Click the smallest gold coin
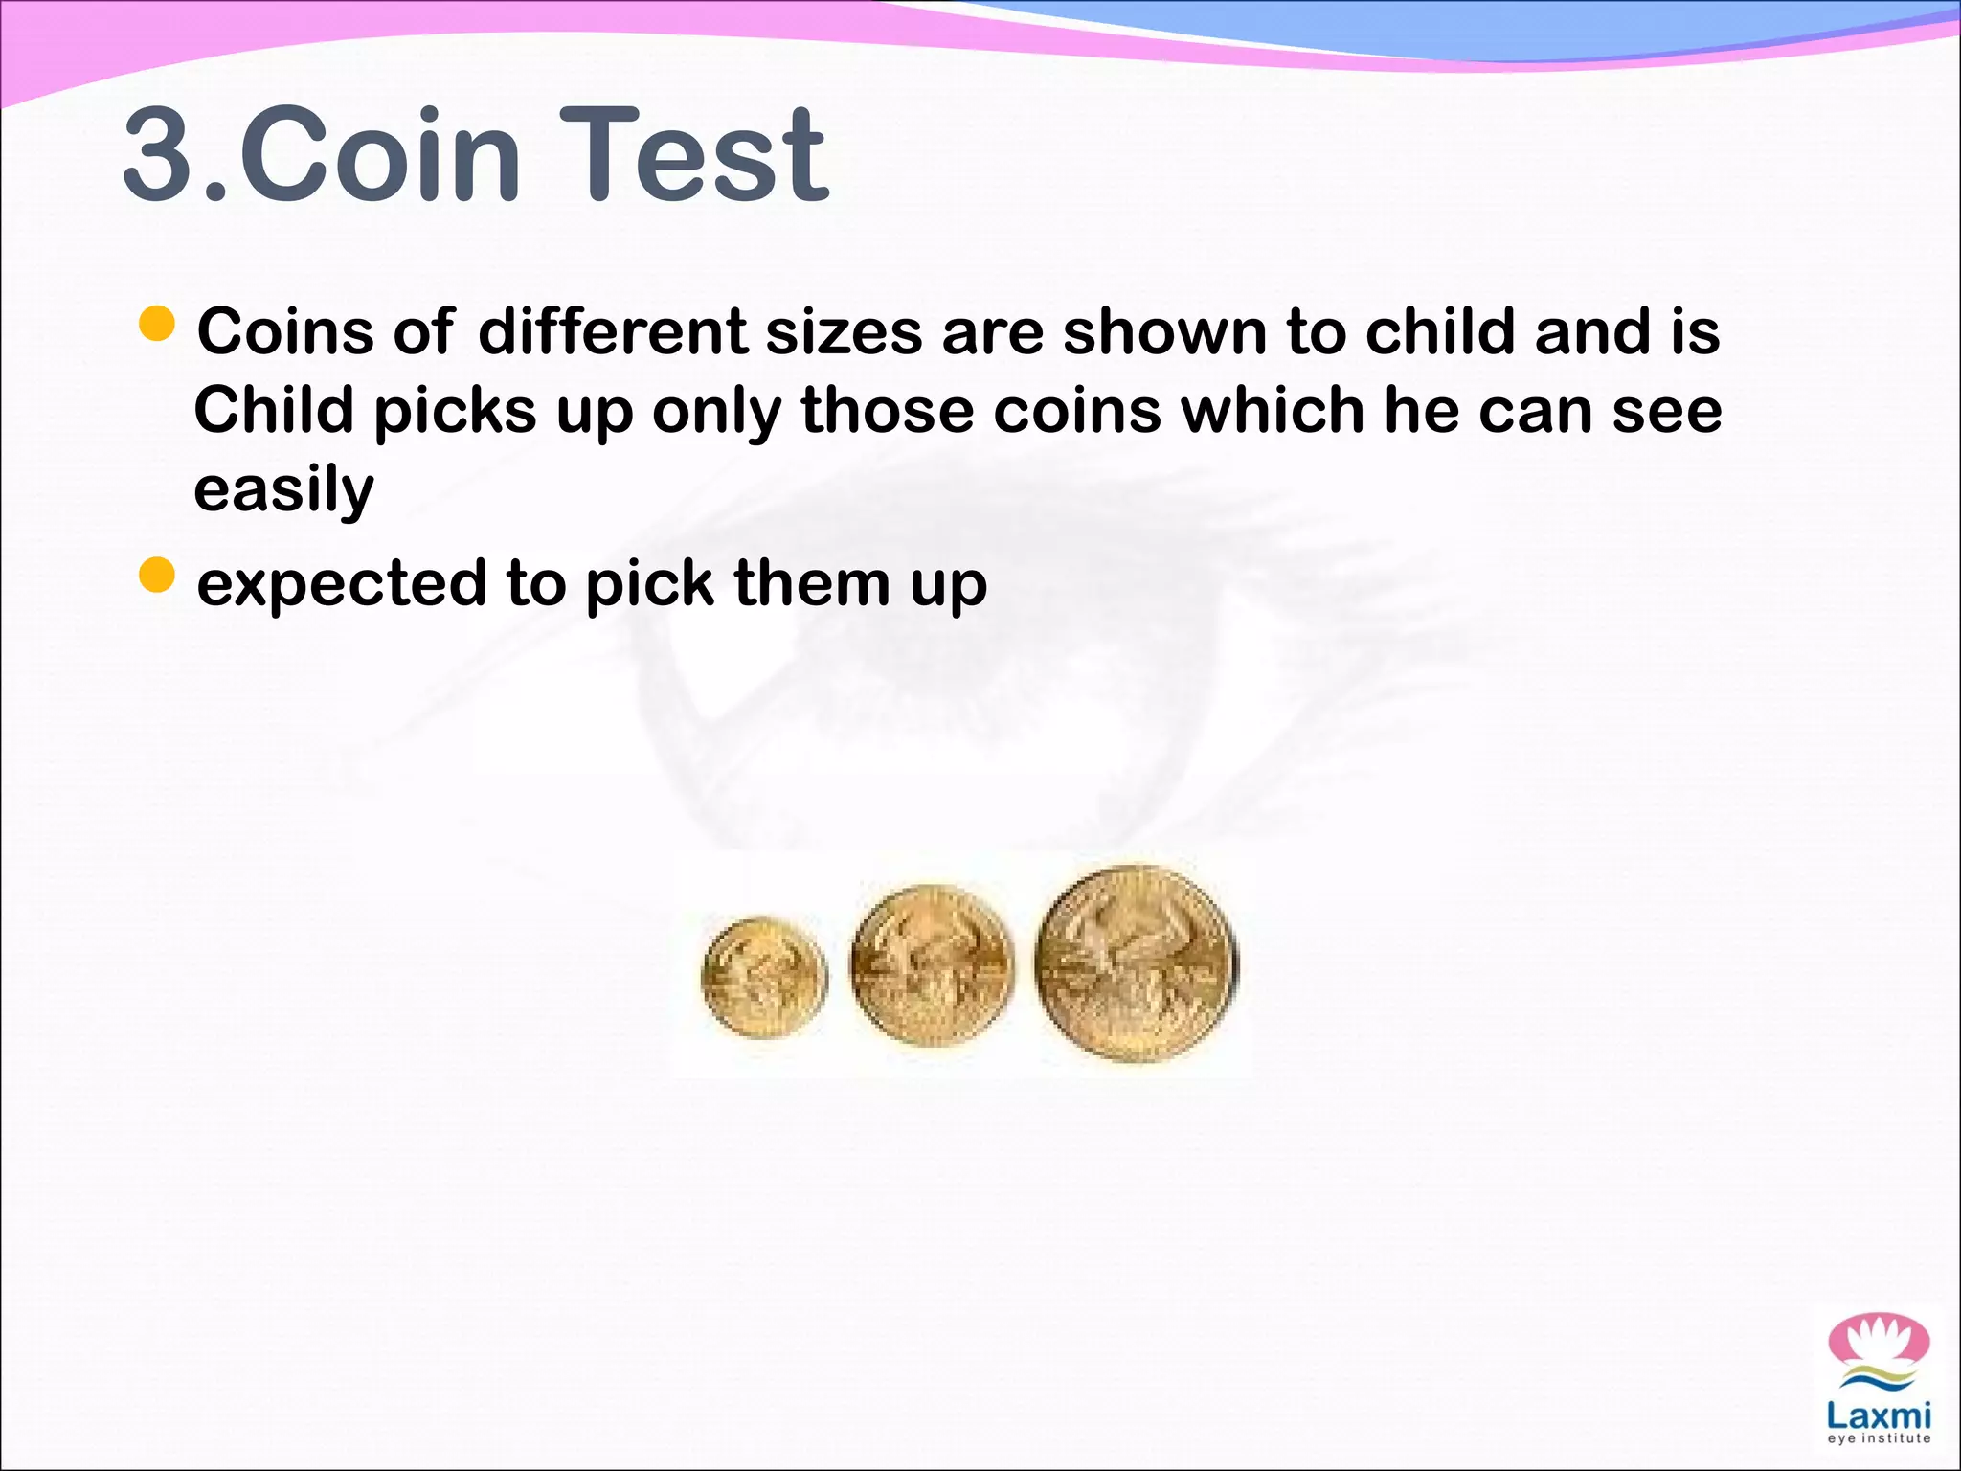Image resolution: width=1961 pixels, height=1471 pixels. [x=763, y=977]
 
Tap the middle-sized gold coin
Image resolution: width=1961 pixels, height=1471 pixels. [x=932, y=963]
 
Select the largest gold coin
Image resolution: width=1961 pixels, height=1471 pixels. [x=1136, y=962]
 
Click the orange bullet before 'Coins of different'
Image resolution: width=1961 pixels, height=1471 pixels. [x=157, y=325]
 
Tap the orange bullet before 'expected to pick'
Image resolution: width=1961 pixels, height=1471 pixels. [x=157, y=576]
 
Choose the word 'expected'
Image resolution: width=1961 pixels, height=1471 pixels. [x=342, y=584]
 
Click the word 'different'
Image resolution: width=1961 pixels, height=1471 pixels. [x=612, y=332]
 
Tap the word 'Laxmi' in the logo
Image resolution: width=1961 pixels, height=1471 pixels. [x=1878, y=1415]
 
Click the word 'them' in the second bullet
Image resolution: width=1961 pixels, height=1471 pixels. [x=811, y=583]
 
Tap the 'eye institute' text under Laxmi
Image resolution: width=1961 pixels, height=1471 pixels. [x=1879, y=1438]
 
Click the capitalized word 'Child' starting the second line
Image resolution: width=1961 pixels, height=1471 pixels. [x=274, y=411]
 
